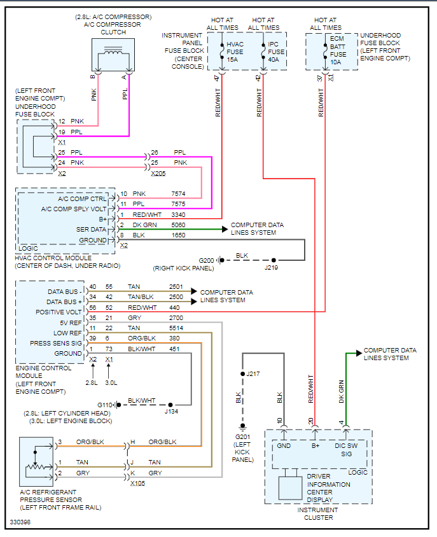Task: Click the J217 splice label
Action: tap(254, 373)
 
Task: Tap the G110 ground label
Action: tap(106, 405)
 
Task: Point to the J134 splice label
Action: tap(172, 412)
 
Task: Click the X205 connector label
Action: tap(158, 173)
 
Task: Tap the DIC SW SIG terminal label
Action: tap(347, 450)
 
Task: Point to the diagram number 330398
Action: tap(20, 522)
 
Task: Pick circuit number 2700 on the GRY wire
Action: tap(176, 317)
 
